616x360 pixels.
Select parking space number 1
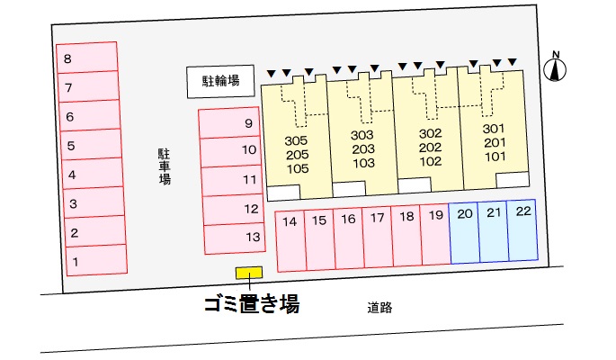click(x=90, y=261)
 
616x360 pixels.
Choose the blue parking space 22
click(x=522, y=230)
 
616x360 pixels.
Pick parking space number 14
click(x=290, y=239)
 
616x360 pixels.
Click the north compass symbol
click(x=556, y=68)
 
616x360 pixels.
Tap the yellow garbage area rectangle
click(x=249, y=273)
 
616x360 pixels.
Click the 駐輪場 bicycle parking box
click(x=220, y=81)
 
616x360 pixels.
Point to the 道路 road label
click(x=379, y=307)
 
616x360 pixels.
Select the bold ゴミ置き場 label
click(x=249, y=304)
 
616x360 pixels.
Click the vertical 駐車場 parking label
click(x=165, y=166)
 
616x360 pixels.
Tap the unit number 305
click(x=296, y=141)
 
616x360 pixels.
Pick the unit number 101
click(x=494, y=156)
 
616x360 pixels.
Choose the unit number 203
click(x=362, y=148)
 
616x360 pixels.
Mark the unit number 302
click(x=430, y=133)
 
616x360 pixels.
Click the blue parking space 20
click(x=464, y=230)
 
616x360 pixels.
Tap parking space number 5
click(x=90, y=144)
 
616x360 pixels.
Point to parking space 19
click(x=435, y=239)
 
